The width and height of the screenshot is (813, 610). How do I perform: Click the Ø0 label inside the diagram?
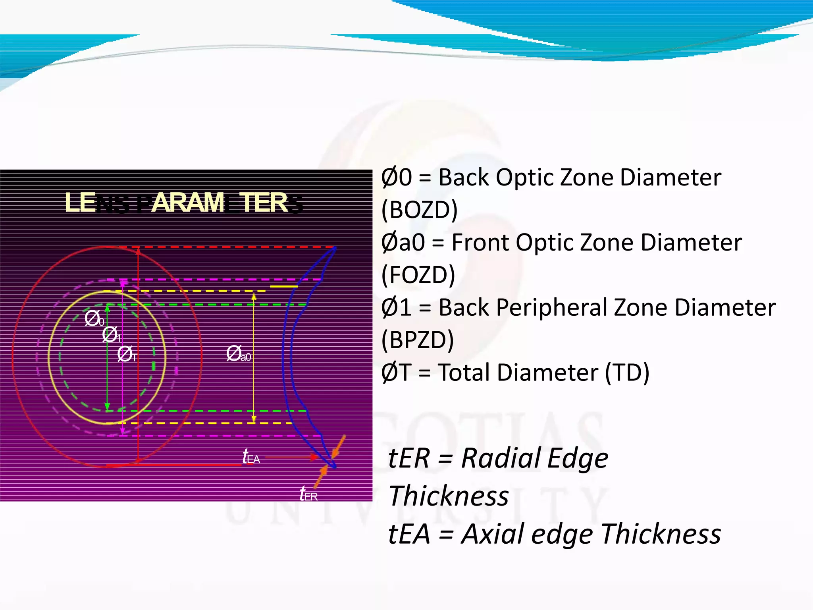[94, 319]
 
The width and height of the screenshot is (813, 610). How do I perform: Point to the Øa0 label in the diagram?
[239, 353]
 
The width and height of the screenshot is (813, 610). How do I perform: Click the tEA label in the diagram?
[251, 457]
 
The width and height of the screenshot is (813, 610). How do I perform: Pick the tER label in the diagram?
[308, 494]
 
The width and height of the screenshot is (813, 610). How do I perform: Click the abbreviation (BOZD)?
[419, 210]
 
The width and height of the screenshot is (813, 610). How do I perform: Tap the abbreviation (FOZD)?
[418, 275]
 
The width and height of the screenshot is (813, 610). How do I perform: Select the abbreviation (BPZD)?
[417, 340]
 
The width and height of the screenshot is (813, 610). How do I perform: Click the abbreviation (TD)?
[627, 373]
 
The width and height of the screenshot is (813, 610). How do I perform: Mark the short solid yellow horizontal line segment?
[283, 286]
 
